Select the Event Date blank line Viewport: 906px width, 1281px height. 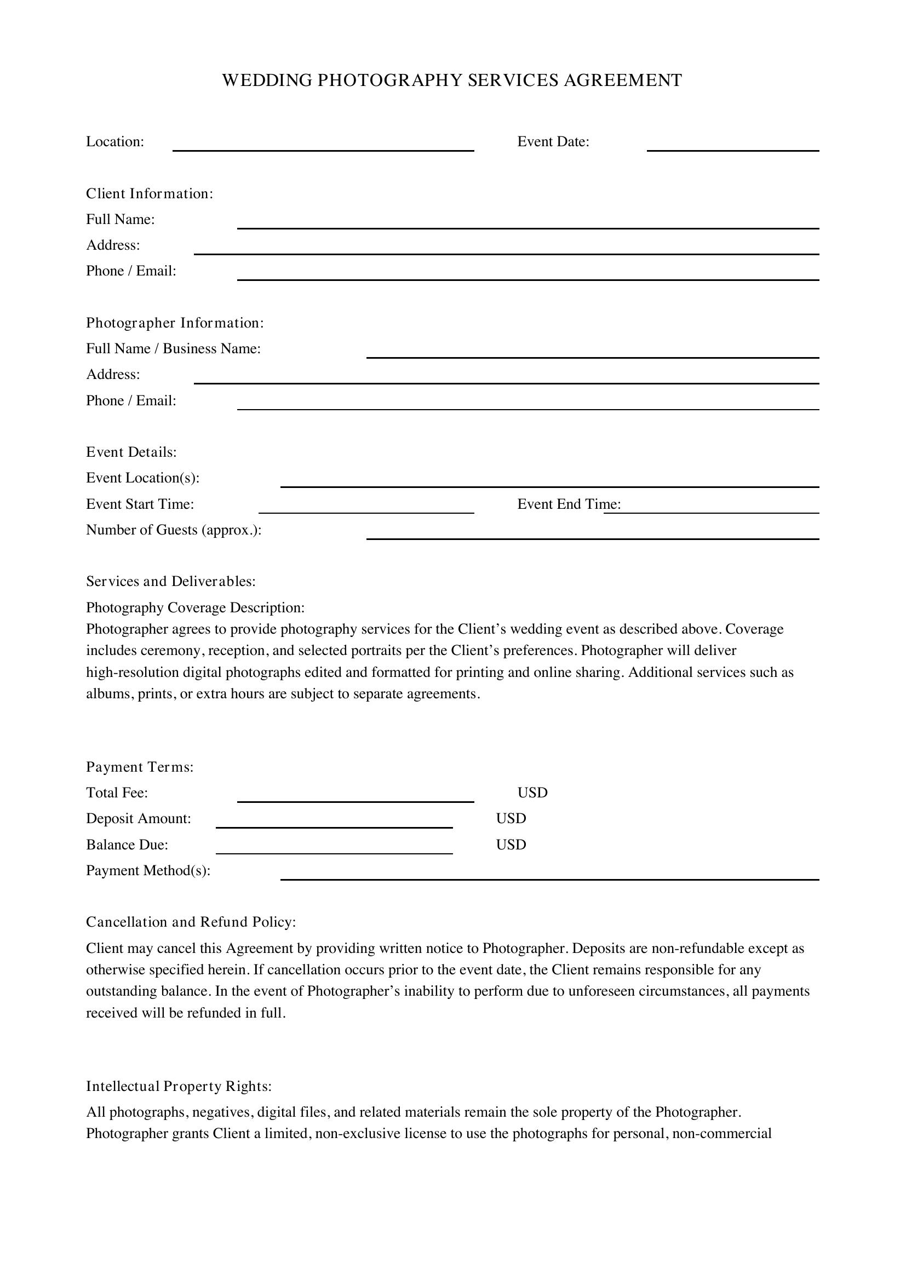click(732, 146)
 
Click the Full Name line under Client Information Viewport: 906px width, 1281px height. click(527, 224)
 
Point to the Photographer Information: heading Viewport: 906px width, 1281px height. click(175, 323)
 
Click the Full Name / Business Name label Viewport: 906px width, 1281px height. click(173, 349)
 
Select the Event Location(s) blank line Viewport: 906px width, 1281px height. click(549, 482)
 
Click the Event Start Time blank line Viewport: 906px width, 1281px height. click(366, 508)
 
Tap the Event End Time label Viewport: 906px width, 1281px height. click(569, 504)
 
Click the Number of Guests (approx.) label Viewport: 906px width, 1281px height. click(174, 530)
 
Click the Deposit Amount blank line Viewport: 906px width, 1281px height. click(334, 823)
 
